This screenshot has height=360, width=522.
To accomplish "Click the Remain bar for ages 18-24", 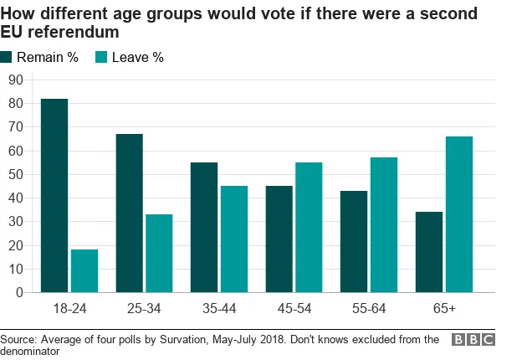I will [x=54, y=196].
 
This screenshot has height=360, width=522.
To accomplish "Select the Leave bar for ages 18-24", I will [x=84, y=271].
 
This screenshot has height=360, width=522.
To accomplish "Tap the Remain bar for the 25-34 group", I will [x=130, y=213].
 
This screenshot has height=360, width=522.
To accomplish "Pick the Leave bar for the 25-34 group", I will [x=159, y=254].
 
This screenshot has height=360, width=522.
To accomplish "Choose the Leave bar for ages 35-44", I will [x=234, y=239].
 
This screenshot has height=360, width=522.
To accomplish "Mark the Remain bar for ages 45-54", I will [x=279, y=239].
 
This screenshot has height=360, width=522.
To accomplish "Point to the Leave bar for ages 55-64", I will [x=384, y=225].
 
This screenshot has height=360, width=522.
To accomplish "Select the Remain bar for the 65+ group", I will [x=430, y=252].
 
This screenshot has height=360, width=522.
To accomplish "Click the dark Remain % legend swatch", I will [x=8, y=58].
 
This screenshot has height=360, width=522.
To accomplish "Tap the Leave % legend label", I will [x=138, y=58].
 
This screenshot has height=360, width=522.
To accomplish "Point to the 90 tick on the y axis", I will [x=14, y=80].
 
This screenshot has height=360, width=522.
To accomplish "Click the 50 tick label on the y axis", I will [x=14, y=174].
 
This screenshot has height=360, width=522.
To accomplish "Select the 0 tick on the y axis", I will [x=18, y=292].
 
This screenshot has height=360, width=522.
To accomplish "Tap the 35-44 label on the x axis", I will [x=219, y=309].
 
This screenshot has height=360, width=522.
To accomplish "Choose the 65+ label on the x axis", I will [x=444, y=309].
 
